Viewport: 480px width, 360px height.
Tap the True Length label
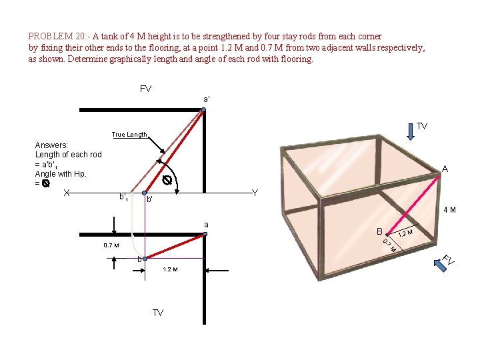129,135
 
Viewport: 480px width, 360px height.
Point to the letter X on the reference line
67,193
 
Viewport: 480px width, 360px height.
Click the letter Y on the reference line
255,193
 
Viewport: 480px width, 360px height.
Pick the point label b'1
123,197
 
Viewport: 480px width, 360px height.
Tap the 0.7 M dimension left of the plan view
111,245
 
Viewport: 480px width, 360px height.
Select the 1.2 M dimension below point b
171,269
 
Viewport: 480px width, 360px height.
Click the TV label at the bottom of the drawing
158,313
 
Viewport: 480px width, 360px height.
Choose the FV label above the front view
145,89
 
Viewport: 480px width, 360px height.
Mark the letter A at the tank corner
444,169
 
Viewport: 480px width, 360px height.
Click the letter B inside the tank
379,232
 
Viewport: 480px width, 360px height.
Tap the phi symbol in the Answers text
45,183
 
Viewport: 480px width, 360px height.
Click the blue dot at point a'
205,110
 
